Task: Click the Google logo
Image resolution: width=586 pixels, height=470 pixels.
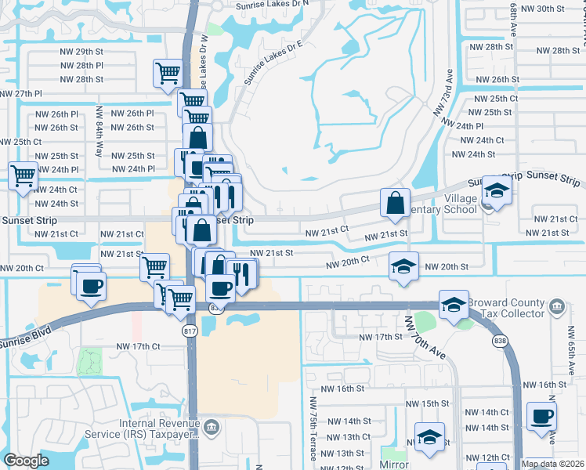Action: coord(26,461)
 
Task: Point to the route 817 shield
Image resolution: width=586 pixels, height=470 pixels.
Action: coord(190,331)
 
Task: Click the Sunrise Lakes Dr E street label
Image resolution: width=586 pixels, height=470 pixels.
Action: coord(273,61)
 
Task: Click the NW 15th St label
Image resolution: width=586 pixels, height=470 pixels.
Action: coord(426,403)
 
